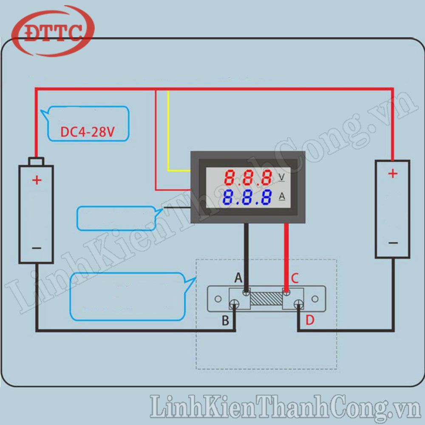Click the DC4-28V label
(x=88, y=132)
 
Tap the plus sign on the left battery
(x=37, y=180)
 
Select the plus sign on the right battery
(x=393, y=173)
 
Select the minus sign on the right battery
(x=393, y=243)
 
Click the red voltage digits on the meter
(x=248, y=178)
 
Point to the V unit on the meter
(x=281, y=177)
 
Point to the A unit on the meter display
(x=282, y=196)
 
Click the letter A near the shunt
(x=238, y=278)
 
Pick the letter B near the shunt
(x=226, y=320)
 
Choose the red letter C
(x=295, y=279)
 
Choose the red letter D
(x=310, y=320)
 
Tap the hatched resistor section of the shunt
(x=266, y=298)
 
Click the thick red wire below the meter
(x=286, y=255)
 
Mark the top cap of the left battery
(x=36, y=161)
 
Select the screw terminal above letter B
(x=234, y=304)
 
